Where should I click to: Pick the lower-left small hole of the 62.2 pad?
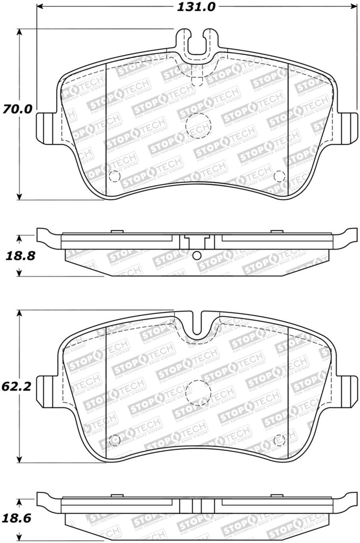coord(112,439)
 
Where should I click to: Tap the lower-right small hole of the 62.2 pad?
coord(279,439)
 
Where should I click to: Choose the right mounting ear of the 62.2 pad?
coord(347,390)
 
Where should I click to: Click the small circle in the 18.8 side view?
coord(197,256)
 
